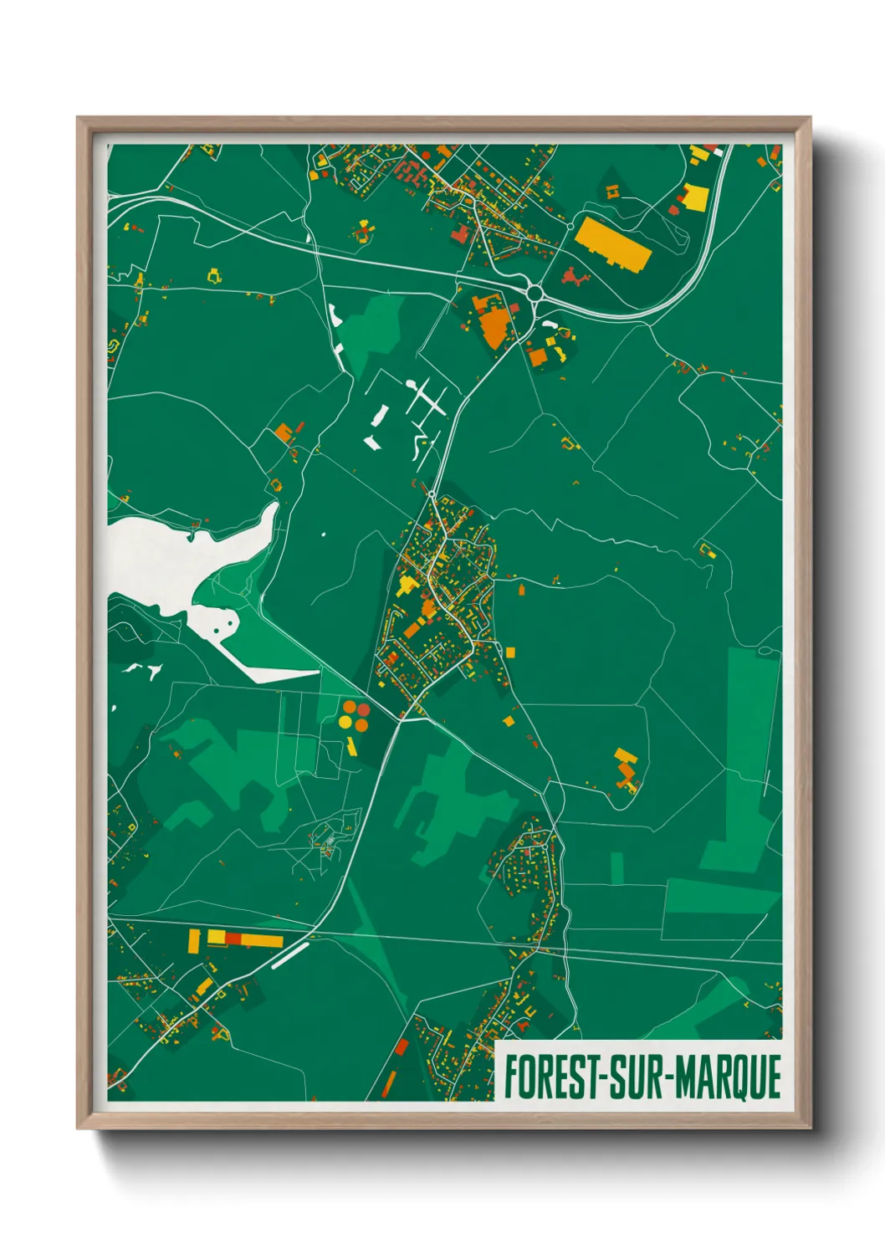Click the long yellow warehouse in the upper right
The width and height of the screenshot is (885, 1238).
click(x=612, y=243)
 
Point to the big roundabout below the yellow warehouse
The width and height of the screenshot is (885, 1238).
click(x=535, y=293)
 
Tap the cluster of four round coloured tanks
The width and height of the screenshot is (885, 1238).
click(x=355, y=715)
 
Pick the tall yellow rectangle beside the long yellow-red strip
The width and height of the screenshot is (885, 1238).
click(x=194, y=940)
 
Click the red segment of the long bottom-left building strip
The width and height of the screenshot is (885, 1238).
click(x=233, y=939)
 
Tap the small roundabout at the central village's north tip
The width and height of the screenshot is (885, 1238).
click(x=431, y=495)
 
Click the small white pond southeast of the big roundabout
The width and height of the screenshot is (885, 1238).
click(x=550, y=323)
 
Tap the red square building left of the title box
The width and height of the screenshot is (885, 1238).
click(x=402, y=1046)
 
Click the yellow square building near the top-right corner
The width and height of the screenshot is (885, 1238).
click(x=694, y=197)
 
